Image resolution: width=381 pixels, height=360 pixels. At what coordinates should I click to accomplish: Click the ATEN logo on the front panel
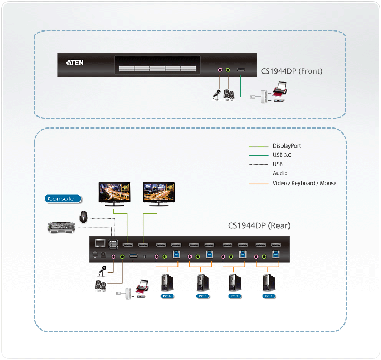pyautogui.click(x=75, y=63)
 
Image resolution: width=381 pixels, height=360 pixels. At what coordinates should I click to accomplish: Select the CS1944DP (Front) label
pyautogui.click(x=292, y=71)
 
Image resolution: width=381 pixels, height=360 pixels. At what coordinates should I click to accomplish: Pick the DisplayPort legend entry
pyautogui.click(x=286, y=146)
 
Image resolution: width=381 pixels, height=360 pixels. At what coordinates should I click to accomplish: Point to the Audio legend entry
pyautogui.click(x=280, y=174)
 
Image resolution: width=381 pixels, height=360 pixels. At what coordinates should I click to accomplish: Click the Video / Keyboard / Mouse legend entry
pyautogui.click(x=304, y=183)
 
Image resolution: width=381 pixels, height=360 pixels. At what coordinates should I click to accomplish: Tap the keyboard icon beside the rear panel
pyautogui.click(x=63, y=227)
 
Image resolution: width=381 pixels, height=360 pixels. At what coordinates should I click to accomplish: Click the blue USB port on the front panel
pyautogui.click(x=241, y=70)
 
